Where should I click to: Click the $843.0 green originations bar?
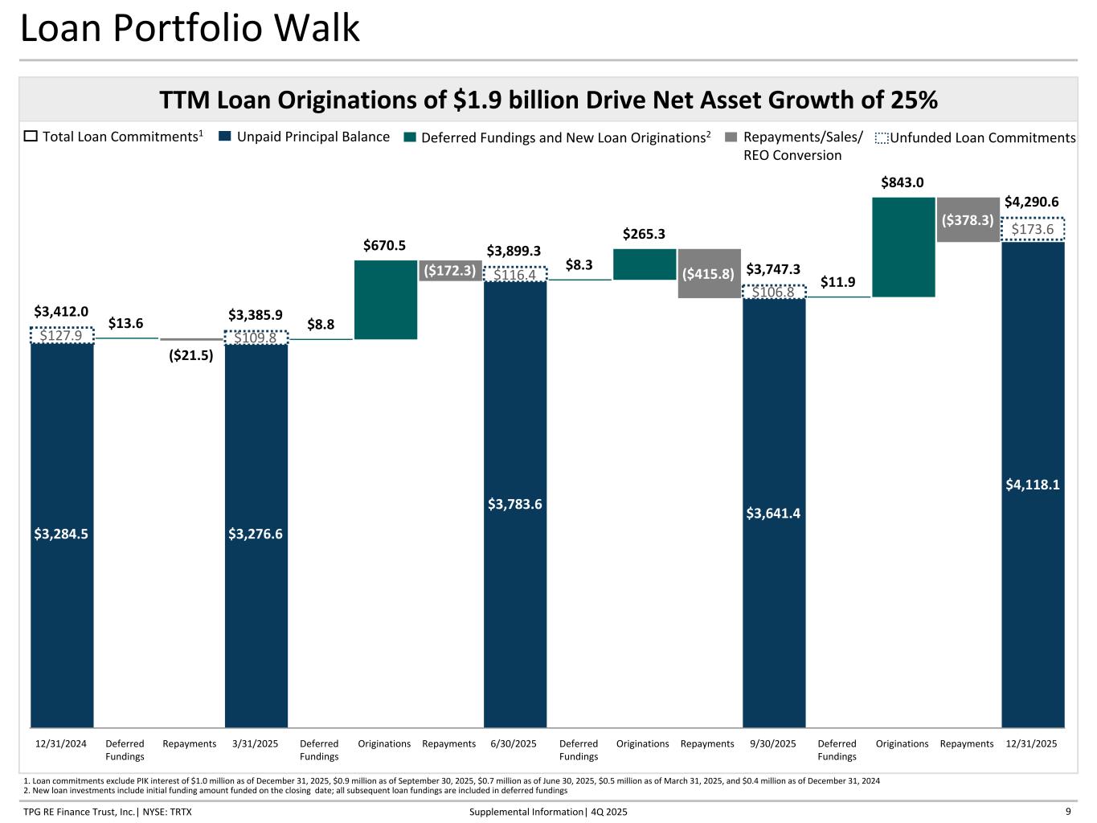903,247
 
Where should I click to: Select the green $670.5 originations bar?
386,299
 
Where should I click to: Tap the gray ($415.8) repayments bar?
708,273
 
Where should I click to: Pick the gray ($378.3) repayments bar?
968,219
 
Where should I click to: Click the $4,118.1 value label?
1033,485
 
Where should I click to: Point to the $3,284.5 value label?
61,534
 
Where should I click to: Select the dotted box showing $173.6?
1033,230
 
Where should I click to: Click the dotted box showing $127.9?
62,336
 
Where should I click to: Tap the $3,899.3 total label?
514,251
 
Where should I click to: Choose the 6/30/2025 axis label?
514,744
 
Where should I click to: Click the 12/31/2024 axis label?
61,744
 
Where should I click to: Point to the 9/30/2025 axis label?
772,744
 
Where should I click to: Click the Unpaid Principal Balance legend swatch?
224,137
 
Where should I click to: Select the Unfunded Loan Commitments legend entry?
976,138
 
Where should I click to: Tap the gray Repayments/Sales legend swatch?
730,137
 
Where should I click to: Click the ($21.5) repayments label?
190,355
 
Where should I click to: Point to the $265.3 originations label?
644,234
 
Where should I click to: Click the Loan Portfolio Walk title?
190,29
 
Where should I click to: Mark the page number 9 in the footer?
1068,812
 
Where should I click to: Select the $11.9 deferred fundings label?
837,282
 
